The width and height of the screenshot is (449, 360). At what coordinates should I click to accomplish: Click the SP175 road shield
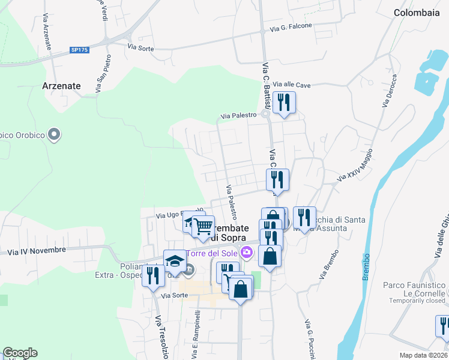click(x=79, y=50)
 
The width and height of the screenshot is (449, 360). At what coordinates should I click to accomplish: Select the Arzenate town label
click(x=61, y=86)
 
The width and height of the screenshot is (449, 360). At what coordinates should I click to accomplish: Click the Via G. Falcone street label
click(x=291, y=27)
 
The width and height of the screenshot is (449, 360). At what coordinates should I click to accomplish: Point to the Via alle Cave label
click(x=292, y=85)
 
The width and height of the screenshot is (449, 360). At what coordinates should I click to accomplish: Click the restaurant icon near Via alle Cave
click(x=284, y=102)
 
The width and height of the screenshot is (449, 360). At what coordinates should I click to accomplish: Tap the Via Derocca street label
click(x=390, y=91)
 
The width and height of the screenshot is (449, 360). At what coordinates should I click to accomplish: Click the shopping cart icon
click(x=204, y=226)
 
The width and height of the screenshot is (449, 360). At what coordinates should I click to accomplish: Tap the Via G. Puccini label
click(x=311, y=339)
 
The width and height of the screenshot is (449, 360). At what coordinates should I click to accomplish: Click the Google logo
click(x=20, y=353)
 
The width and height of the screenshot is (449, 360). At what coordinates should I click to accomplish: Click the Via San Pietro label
click(x=103, y=75)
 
